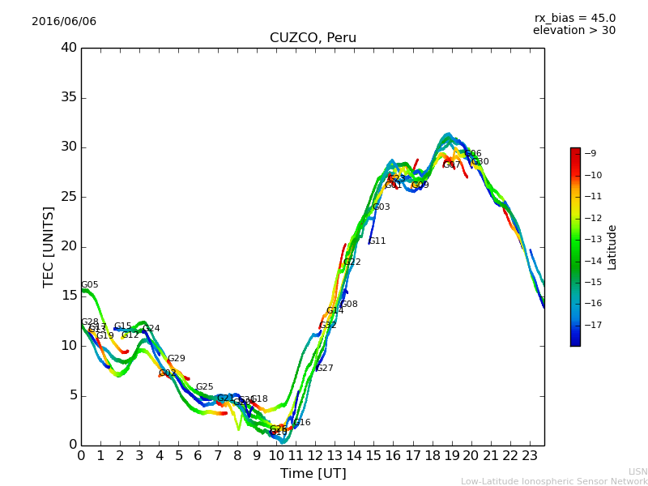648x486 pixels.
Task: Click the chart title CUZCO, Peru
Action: point(313,38)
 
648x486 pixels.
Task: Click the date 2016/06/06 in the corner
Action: point(64,21)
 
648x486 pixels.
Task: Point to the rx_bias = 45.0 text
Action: point(574,18)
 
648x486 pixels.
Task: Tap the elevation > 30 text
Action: point(573,31)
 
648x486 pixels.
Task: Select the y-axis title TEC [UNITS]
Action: point(49,246)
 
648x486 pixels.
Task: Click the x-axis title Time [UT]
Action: point(313,473)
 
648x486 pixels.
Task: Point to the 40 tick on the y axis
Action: point(69,48)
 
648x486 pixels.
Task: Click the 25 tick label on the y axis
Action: point(69,197)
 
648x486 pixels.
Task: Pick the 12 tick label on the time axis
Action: point(315,455)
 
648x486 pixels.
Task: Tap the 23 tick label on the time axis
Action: point(530,455)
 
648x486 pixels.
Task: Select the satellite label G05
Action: point(89,285)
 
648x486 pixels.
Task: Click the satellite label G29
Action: point(177,359)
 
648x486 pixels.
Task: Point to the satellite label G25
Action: point(205,387)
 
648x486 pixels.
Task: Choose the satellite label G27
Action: point(325,369)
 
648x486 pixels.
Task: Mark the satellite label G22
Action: point(352,262)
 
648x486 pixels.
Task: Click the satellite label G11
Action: point(377,241)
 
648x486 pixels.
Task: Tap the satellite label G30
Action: point(480,162)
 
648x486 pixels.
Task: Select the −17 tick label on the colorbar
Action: point(593,326)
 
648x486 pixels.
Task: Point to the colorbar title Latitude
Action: point(612,247)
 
